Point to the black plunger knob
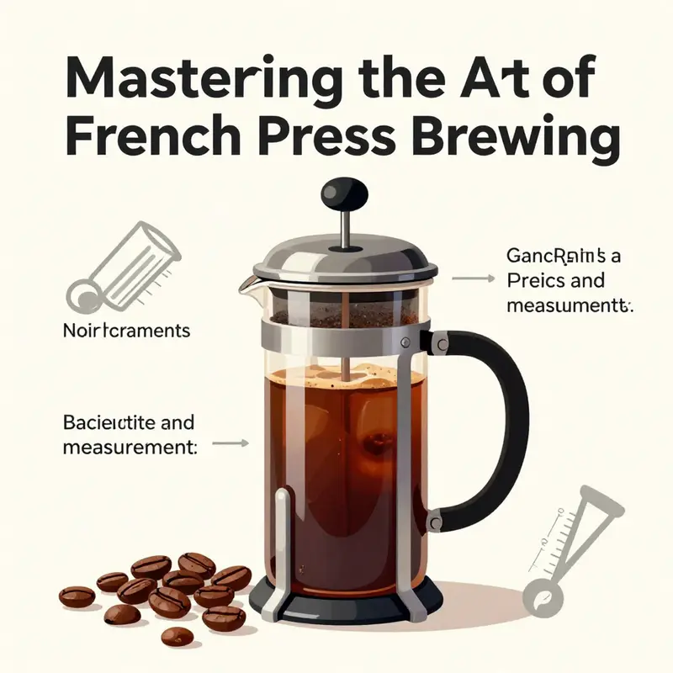click(x=344, y=194)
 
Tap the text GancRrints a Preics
click(x=564, y=268)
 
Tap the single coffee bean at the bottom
click(x=177, y=635)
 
